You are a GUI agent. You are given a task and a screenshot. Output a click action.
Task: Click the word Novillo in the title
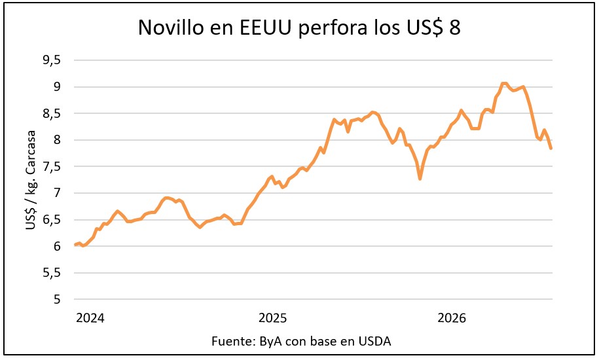click(x=171, y=27)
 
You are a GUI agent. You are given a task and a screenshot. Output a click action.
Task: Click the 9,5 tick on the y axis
click(x=52, y=60)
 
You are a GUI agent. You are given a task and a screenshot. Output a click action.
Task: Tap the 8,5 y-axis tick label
click(x=52, y=113)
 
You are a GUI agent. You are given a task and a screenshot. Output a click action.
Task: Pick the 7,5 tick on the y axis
click(x=52, y=166)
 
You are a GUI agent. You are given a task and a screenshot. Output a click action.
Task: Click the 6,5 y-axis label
click(x=52, y=219)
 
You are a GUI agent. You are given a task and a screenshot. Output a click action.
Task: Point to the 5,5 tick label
click(x=52, y=272)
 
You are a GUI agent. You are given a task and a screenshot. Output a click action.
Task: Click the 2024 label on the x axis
click(x=90, y=317)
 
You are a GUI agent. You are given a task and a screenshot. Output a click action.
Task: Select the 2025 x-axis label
click(x=273, y=317)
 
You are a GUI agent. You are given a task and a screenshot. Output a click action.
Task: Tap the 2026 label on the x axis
click(x=452, y=317)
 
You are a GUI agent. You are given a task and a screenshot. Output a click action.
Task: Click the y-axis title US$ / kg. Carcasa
click(x=31, y=180)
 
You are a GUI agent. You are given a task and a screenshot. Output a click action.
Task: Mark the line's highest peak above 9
click(x=505, y=83)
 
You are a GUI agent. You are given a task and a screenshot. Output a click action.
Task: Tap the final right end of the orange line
click(x=551, y=149)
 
